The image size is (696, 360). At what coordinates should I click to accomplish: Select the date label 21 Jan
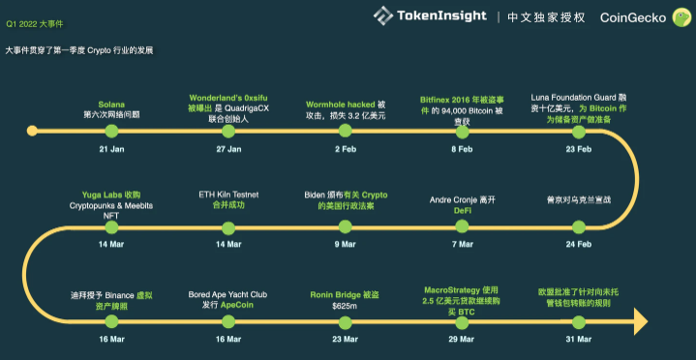coord(111,150)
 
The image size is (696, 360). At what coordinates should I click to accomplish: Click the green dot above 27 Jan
coord(228,130)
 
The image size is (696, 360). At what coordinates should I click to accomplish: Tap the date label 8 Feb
coord(461,150)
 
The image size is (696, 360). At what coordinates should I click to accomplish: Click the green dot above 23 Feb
coord(578,130)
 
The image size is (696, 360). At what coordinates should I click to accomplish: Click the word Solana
coord(111,104)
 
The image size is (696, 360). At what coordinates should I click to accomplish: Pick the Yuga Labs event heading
coord(111,194)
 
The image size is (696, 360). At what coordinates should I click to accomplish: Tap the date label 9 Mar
coord(346,244)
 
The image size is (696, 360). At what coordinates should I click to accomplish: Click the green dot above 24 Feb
coord(578,225)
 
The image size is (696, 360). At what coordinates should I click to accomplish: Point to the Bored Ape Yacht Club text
coord(228,292)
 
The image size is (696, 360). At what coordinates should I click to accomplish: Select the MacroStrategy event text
coord(461,288)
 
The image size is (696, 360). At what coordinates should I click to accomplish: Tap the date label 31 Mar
coord(578,339)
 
